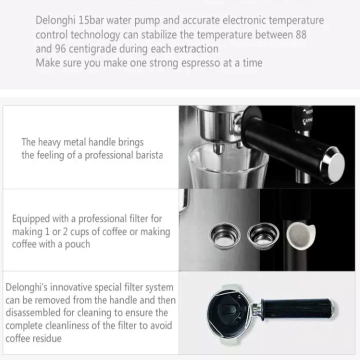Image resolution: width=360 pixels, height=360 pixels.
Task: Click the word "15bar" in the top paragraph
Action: [x=90, y=20]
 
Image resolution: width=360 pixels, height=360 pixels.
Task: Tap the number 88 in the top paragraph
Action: [x=301, y=34]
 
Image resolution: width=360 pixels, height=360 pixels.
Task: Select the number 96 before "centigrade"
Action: [x=60, y=48]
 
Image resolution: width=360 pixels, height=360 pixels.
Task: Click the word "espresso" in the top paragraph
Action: [x=200, y=63]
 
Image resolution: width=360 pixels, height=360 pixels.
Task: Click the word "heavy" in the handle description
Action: [x=49, y=142]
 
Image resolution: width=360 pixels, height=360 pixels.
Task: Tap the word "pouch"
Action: [x=77, y=244]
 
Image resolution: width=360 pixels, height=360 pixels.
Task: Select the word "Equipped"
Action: [x=31, y=219]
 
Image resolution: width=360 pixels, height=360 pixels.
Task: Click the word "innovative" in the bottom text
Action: [x=72, y=287]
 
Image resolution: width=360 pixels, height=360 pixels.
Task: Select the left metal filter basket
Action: [x=225, y=236]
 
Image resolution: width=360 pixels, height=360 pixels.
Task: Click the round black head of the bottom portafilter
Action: [x=228, y=313]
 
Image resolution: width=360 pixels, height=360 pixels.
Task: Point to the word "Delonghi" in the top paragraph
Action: [x=55, y=20]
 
